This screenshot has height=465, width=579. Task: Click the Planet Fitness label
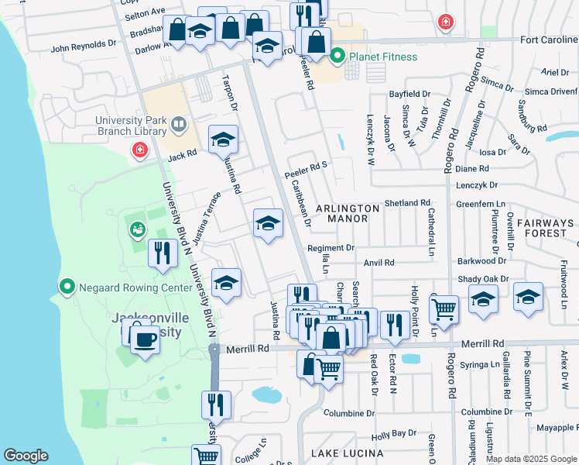[382, 57]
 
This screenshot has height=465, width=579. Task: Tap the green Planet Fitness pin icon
[337, 57]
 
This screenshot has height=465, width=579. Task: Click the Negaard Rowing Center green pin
[67, 288]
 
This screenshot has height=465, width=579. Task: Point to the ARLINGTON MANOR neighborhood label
[348, 213]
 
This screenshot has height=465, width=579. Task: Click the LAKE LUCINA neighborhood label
[347, 453]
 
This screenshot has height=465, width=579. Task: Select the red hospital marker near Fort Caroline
[446, 22]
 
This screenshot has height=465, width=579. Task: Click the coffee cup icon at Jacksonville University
[145, 339]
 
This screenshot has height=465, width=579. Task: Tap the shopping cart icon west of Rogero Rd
[444, 309]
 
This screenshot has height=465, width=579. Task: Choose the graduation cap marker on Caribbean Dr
[269, 224]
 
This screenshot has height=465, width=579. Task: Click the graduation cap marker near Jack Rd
[224, 140]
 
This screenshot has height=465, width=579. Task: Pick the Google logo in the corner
[26, 456]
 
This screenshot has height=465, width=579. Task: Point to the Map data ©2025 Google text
[532, 459]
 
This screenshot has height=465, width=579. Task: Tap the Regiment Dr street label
[331, 248]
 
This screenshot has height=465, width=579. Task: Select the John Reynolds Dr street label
[83, 47]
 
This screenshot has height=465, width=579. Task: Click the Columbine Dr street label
[349, 413]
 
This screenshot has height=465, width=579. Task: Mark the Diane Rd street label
[472, 168]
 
